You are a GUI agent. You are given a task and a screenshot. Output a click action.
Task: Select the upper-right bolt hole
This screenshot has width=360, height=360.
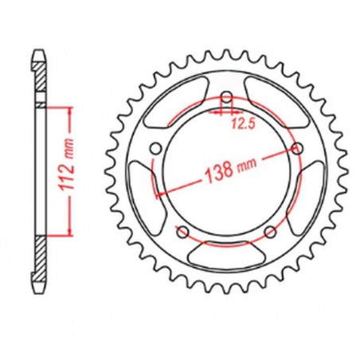[x=299, y=149]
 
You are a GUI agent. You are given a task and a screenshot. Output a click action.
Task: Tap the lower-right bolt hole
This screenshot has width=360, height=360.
[x=271, y=232]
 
